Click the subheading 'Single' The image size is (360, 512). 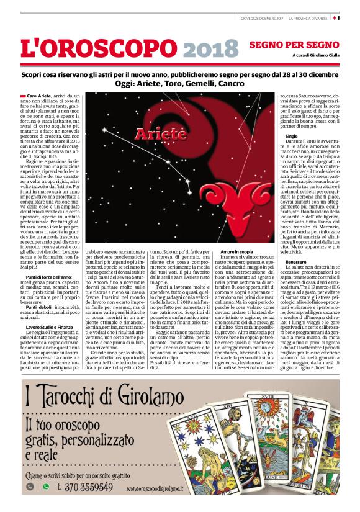[x=292, y=135]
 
